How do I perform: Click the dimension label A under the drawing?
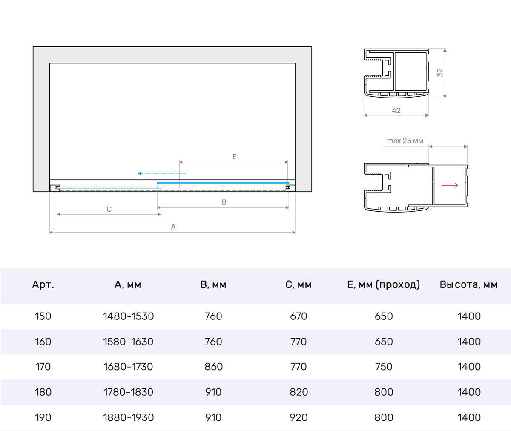173,227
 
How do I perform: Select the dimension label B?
224,202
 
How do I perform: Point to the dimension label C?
109,209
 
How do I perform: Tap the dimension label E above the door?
235,157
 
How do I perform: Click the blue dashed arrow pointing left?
162,173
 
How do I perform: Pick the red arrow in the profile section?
450,185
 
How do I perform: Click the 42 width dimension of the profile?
396,110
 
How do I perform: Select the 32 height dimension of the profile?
440,72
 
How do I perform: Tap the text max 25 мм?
405,141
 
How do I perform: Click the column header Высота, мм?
469,284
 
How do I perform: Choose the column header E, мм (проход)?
384,284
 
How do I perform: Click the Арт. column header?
43,284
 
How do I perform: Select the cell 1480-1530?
128,316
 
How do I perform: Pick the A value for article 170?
128,367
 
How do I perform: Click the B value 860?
213,367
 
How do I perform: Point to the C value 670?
299,316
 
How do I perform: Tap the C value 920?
299,417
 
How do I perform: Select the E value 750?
384,367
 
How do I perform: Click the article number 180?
43,392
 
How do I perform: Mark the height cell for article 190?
469,417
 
